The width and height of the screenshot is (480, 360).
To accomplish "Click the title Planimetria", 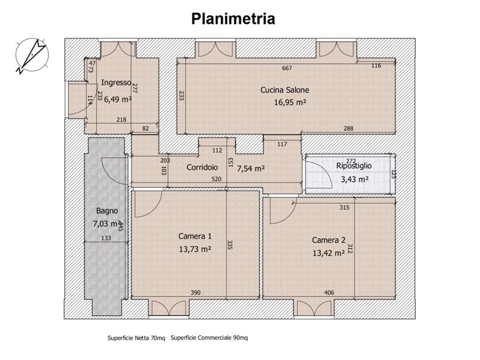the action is click(233, 19).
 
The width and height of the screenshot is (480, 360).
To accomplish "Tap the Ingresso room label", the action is click(116, 82).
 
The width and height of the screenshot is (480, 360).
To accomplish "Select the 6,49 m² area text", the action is click(118, 99).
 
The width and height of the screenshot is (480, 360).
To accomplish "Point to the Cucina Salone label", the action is click(284, 90).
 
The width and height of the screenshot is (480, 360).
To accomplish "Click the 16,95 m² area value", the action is click(290, 102).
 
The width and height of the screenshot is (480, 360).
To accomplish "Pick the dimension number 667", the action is click(287, 68).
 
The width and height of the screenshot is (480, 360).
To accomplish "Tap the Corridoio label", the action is click(202, 167).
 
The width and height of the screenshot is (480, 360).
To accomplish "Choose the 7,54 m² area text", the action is click(251, 169).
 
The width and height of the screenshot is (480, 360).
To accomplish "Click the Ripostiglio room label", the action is click(354, 166).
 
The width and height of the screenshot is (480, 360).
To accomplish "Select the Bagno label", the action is click(107, 211).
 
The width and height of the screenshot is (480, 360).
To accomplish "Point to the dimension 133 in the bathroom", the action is click(106, 238).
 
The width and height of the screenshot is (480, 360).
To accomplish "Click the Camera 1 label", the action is click(195, 236).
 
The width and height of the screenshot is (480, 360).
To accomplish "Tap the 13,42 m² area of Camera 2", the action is click(329, 253).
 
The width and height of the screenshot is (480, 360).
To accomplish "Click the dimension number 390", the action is click(196, 293).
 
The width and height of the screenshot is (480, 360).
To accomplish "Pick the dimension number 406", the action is click(329, 293).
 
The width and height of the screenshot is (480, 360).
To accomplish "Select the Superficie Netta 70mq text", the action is click(136, 338).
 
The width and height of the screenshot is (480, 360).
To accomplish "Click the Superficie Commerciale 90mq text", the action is click(209, 338).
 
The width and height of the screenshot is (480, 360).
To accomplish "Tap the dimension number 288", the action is click(349, 128).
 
